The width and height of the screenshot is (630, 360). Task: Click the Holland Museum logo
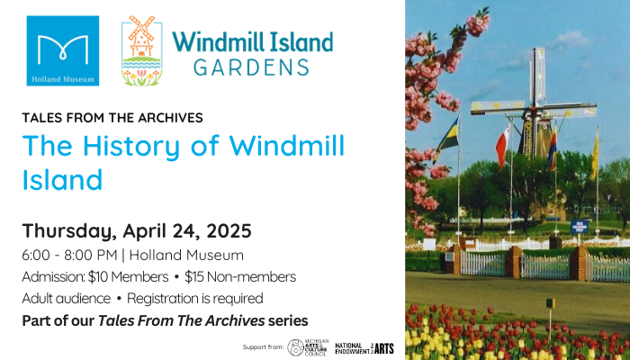click(63, 50)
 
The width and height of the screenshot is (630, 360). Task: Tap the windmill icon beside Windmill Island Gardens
click(141, 50)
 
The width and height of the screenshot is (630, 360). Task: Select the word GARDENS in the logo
click(252, 67)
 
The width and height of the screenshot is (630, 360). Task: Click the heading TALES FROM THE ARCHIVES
click(112, 117)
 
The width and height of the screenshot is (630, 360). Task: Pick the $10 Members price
click(130, 276)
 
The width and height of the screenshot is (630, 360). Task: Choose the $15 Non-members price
click(241, 276)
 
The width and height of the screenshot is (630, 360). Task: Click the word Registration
click(168, 298)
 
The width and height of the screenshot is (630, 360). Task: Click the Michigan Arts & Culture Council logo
click(306, 346)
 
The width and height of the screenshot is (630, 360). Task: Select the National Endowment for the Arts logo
click(364, 346)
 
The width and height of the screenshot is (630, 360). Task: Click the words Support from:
click(263, 347)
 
